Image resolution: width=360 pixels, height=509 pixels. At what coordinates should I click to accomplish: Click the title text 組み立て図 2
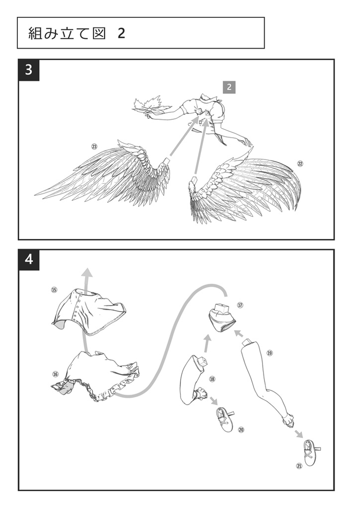point(77,33)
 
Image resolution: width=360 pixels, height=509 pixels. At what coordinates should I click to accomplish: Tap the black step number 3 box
point(29,70)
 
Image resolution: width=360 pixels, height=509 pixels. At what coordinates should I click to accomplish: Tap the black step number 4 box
point(29,259)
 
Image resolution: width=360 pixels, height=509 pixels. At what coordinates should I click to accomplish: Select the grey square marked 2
point(229,87)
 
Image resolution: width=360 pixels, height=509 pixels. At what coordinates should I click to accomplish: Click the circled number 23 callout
point(94,147)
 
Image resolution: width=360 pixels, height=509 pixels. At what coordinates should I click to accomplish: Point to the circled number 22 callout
point(300,164)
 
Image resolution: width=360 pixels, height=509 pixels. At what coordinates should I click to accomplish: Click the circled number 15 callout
point(54,290)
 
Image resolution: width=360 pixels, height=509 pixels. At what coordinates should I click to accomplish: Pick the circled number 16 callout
point(56,374)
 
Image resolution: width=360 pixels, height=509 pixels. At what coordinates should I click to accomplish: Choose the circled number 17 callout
point(240,305)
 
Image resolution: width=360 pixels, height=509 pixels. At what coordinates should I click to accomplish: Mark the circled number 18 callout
point(212,379)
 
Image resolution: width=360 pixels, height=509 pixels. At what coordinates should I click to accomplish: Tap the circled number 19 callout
point(270,353)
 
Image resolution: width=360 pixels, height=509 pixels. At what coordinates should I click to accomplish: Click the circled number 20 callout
point(241,430)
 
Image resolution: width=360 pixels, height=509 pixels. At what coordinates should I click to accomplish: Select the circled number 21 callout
point(299,466)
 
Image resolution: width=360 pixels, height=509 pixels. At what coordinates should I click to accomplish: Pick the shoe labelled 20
point(225,420)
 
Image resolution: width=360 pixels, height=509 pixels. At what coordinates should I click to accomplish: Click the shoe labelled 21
point(311,452)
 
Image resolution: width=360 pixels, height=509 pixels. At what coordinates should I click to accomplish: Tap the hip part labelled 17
point(222,318)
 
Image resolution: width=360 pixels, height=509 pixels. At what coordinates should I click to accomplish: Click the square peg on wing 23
point(167,162)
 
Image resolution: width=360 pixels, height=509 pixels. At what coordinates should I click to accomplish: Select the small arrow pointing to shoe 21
point(299,434)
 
